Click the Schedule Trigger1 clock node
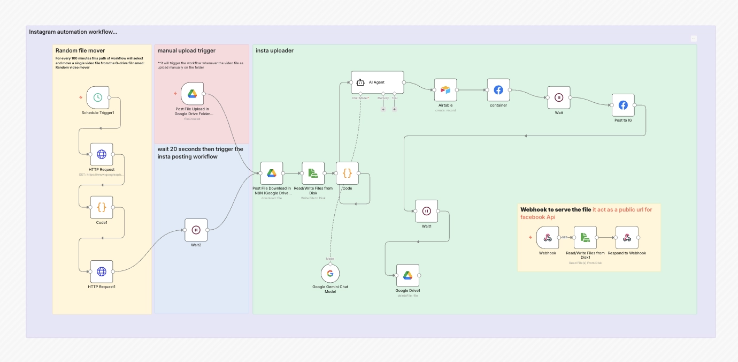coord(98,97)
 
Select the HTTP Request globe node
coord(102,154)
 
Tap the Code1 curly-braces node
coord(102,207)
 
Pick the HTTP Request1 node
coord(102,271)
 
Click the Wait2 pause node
coord(196,230)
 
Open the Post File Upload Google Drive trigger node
coord(192,94)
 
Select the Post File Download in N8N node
coord(272,173)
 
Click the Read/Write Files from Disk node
coord(313,173)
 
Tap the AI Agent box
coord(377,82)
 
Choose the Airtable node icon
coord(445,90)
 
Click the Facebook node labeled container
coord(498,90)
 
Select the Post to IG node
coord(623,105)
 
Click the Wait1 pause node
coord(426,211)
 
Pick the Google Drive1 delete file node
coord(408,275)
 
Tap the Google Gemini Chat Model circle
coord(330,273)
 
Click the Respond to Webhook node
coord(627,237)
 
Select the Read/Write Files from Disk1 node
coord(585,237)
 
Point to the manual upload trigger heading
coord(186,51)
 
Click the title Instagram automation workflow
coord(73,32)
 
